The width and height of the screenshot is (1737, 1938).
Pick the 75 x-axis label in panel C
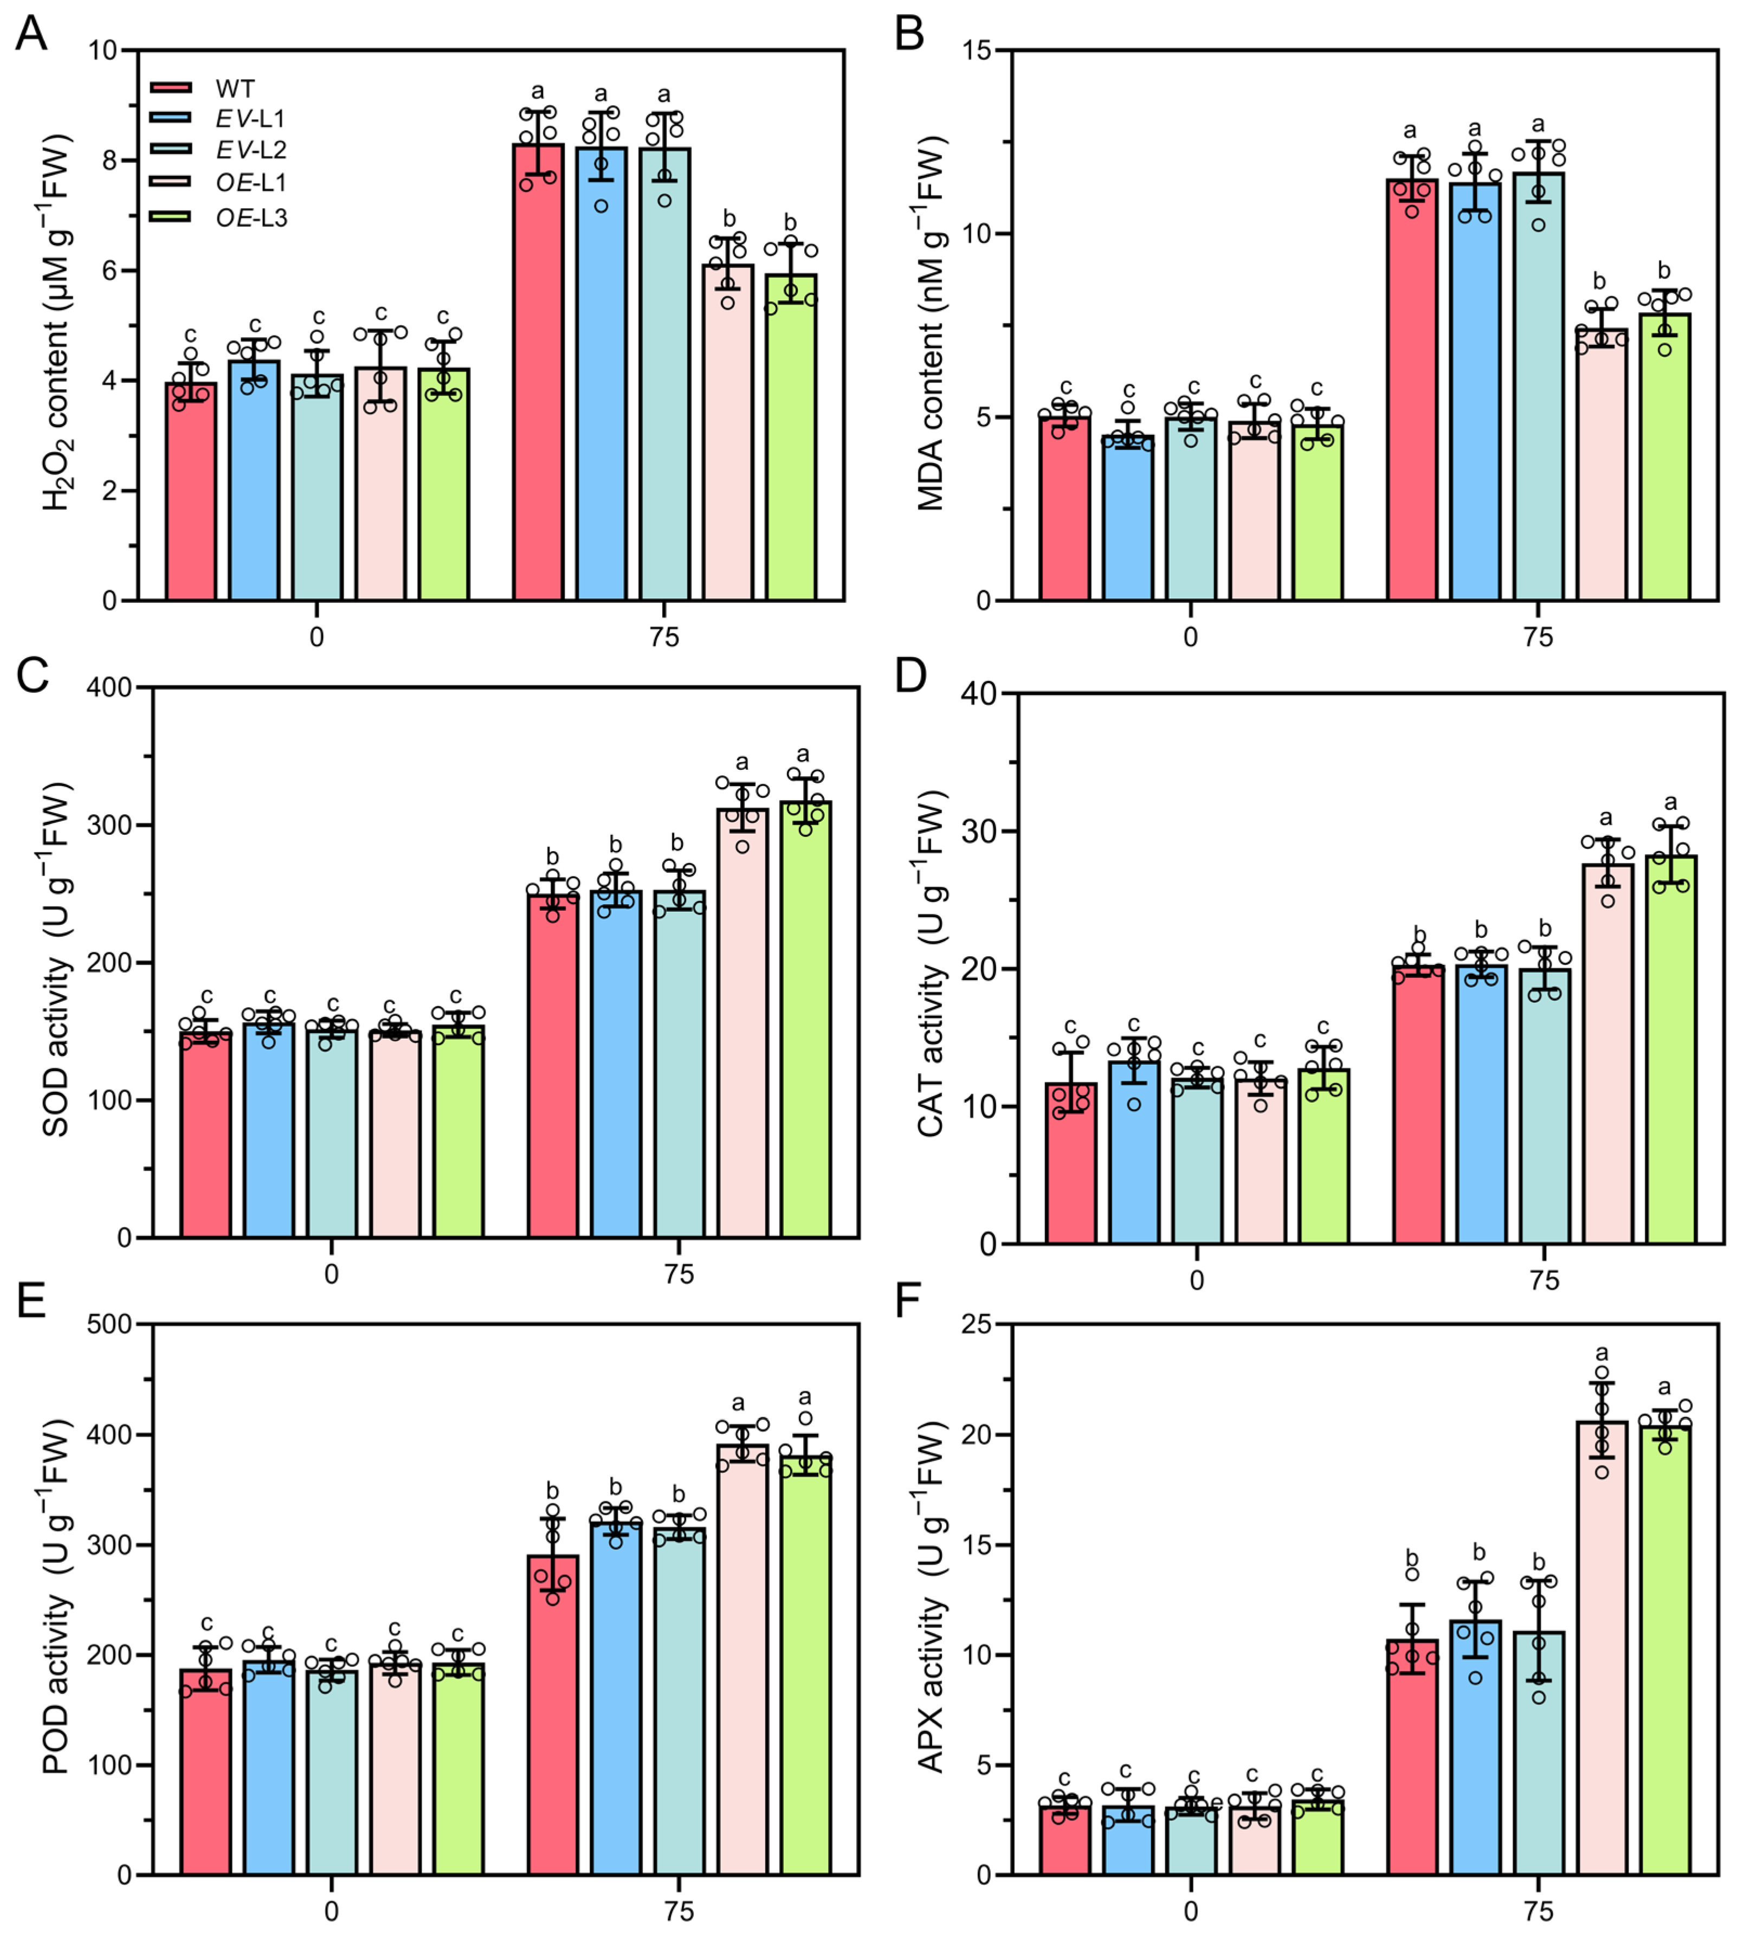point(680,1274)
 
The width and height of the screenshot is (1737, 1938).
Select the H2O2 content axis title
point(57,325)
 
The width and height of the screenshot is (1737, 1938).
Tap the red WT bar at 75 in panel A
point(538,372)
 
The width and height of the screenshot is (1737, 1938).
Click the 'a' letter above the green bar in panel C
point(804,753)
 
